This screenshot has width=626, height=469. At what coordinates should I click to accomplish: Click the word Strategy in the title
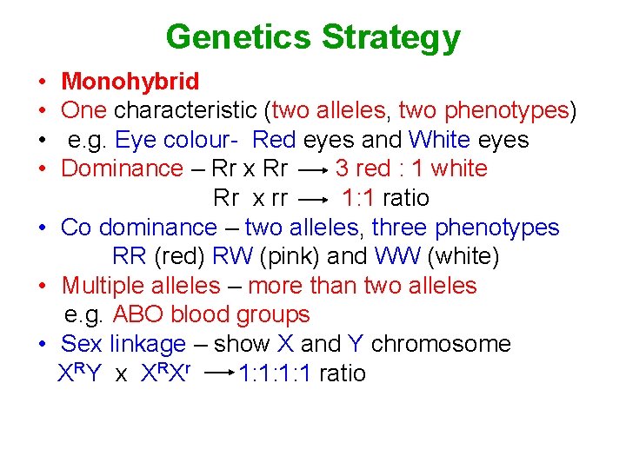click(391, 37)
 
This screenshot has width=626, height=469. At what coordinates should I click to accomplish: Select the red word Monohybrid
click(130, 82)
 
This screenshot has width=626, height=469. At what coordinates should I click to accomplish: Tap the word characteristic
click(189, 110)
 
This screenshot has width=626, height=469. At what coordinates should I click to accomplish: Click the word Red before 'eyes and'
click(274, 140)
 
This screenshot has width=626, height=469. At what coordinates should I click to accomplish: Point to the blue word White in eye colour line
click(439, 140)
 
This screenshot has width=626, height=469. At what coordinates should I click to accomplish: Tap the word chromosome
click(441, 344)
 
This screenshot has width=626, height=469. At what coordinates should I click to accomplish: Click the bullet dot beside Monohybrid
click(43, 83)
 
